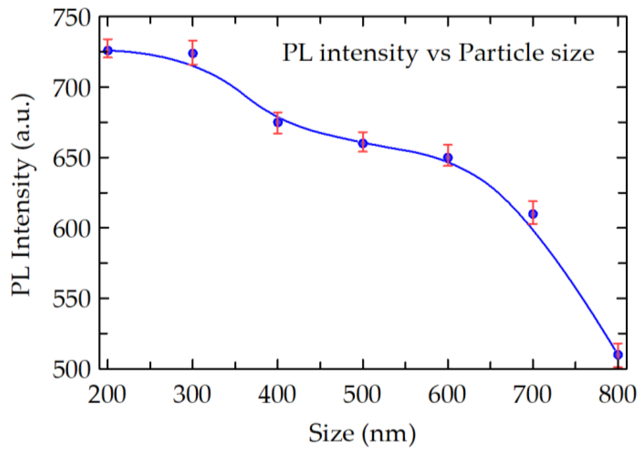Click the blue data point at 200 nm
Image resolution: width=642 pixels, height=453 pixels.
tap(108, 50)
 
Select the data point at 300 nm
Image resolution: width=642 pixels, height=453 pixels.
tap(193, 53)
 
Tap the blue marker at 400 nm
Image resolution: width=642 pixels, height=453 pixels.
tap(278, 122)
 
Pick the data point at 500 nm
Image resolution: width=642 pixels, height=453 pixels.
tap(363, 143)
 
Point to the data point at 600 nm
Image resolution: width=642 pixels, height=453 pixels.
tap(448, 158)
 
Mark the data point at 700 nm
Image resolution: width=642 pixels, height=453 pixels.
tap(533, 214)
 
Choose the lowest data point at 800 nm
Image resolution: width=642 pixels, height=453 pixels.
tap(618, 355)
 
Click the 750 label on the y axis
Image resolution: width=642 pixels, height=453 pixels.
tap(72, 18)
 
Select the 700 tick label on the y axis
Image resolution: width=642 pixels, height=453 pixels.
tap(72, 88)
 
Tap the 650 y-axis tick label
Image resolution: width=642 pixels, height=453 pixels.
tap(72, 158)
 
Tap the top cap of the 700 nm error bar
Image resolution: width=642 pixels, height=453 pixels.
tap(533, 201)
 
